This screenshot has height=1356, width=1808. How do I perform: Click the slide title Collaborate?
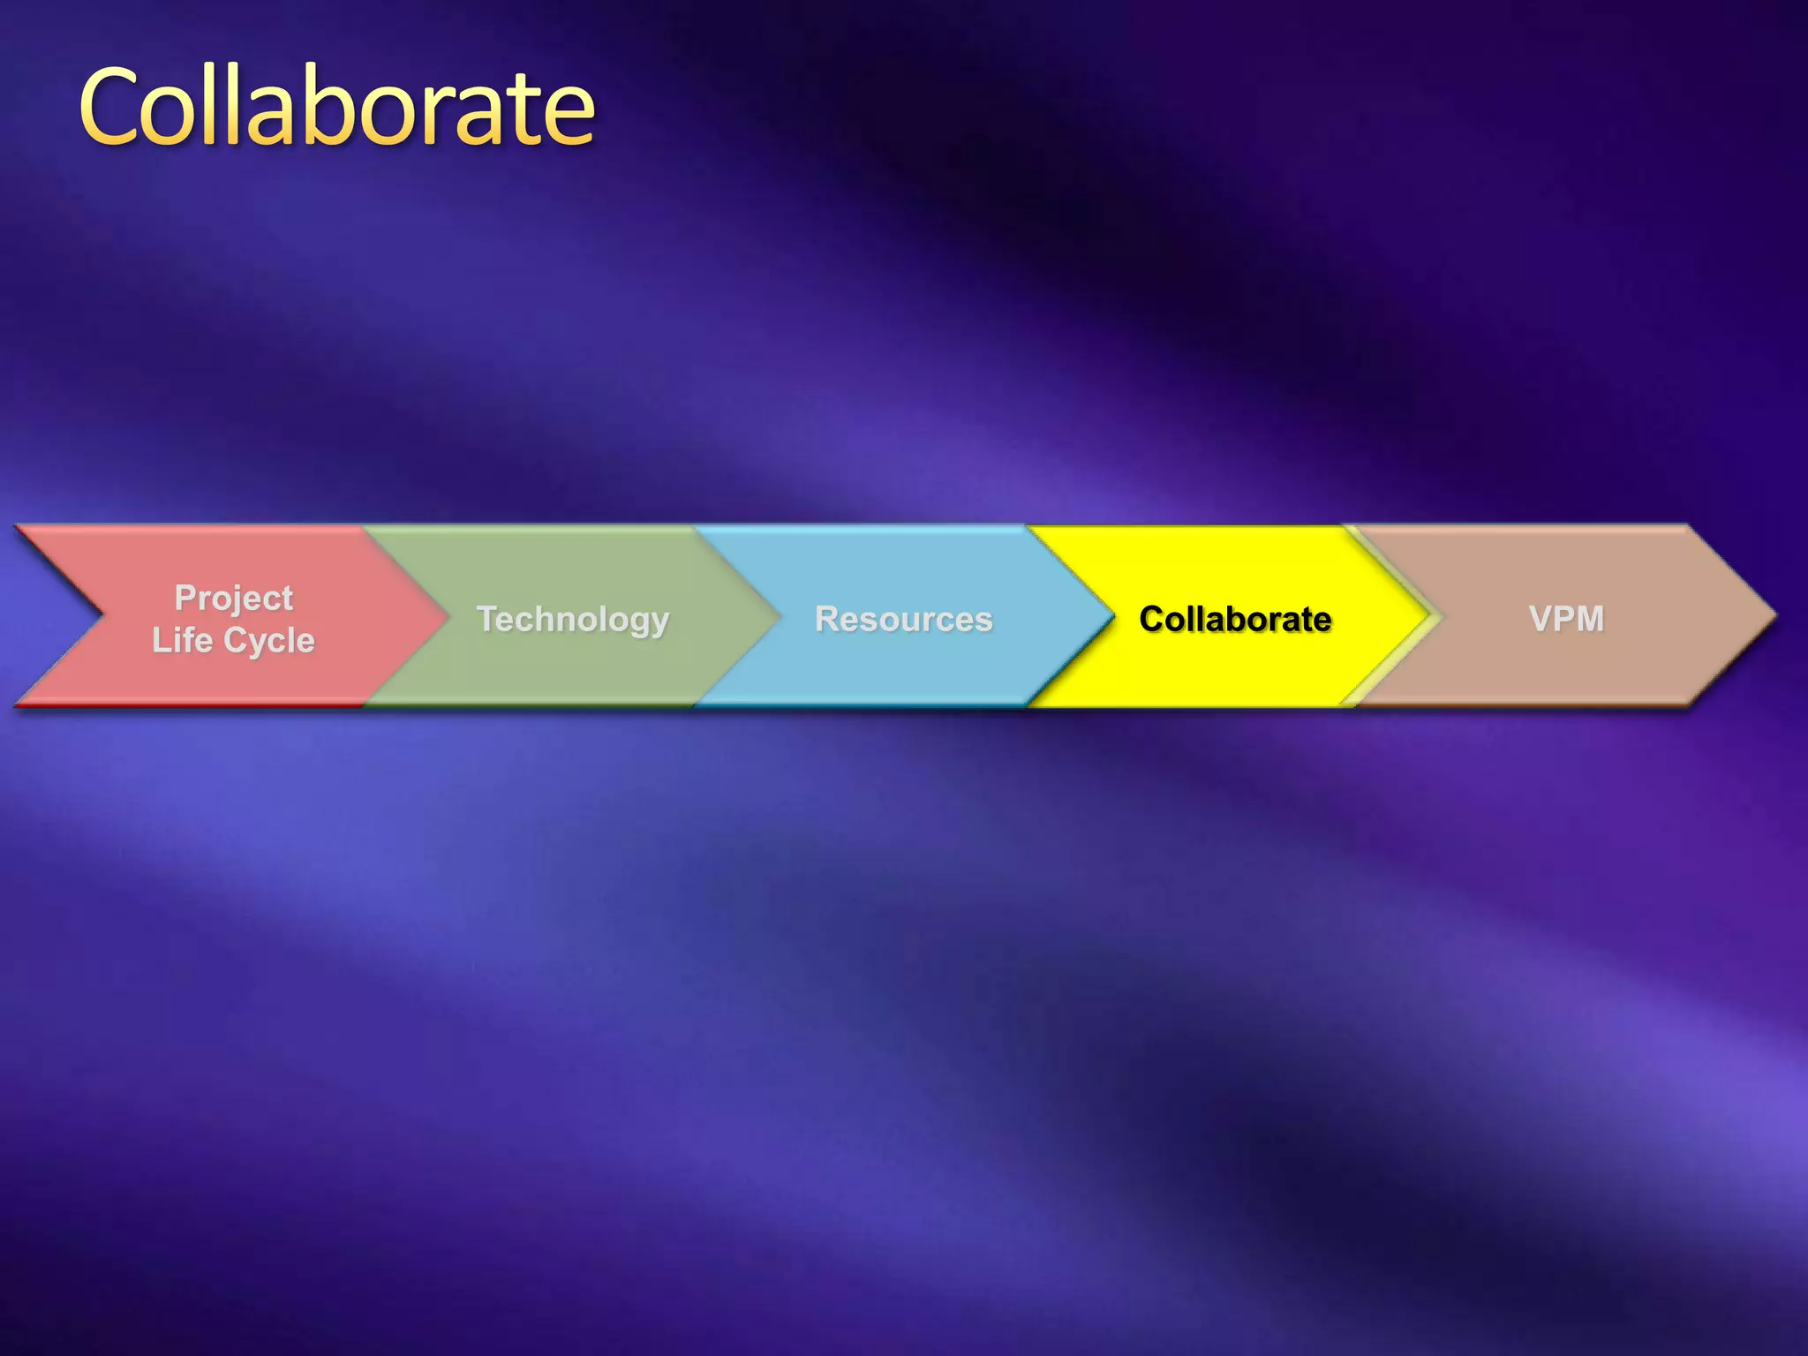point(337,108)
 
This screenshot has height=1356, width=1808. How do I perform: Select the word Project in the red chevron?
point(234,599)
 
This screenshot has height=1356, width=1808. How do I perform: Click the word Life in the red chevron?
point(182,640)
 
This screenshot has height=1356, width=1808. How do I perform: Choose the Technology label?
point(573,620)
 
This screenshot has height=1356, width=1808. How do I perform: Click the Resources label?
point(904,620)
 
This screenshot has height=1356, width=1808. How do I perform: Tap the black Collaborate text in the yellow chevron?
point(1235,620)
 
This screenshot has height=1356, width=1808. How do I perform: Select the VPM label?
point(1566,619)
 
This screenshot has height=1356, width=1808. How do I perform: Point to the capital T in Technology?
point(486,619)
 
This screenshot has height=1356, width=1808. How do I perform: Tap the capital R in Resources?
point(826,619)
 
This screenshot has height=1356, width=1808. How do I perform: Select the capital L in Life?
point(161,640)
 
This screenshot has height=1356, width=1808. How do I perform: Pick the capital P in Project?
point(185,598)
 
